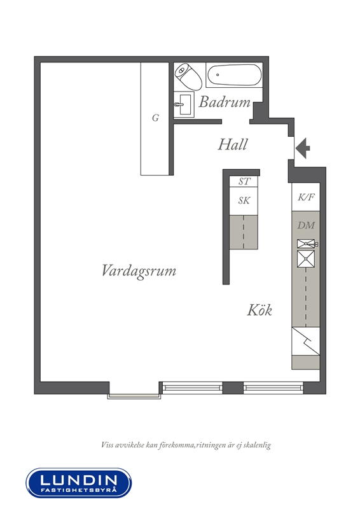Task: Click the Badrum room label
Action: coord(225,102)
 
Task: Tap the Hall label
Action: coord(233,144)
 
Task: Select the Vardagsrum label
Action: coord(139,270)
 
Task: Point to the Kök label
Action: coord(260,309)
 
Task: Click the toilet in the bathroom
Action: coord(188,76)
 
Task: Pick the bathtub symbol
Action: coord(233,75)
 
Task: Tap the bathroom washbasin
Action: coord(184,104)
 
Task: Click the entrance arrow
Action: coord(303,148)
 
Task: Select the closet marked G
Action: coord(155,119)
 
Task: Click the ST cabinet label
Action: coord(244,181)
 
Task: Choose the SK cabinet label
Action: coord(244,200)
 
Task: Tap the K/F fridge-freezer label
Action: coord(307,197)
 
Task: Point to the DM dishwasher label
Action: coord(306,225)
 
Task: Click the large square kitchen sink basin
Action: coord(306,259)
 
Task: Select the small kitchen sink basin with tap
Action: coord(307,244)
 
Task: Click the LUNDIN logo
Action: coord(79,483)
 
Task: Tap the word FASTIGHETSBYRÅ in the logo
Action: coord(78,489)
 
